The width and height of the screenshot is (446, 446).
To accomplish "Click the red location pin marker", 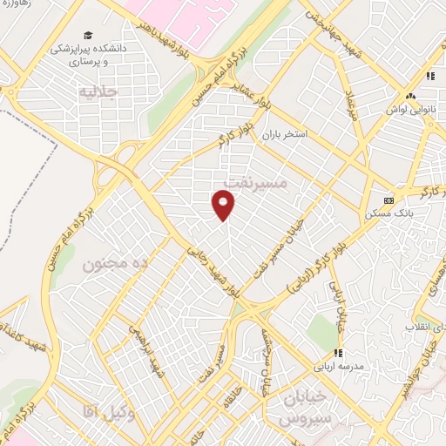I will click(x=224, y=205).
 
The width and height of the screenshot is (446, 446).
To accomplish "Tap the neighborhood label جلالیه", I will click(x=97, y=91).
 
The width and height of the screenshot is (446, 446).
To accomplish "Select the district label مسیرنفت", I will click(x=254, y=180).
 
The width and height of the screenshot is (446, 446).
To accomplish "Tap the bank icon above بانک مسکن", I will click(x=388, y=199).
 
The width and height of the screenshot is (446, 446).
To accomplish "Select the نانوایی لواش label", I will click(x=409, y=111).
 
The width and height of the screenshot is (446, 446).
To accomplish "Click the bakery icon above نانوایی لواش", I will click(x=410, y=97).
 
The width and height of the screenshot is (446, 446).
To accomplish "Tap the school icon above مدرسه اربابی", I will click(x=337, y=353).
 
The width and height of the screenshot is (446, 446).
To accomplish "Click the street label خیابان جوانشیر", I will click(x=426, y=353).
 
